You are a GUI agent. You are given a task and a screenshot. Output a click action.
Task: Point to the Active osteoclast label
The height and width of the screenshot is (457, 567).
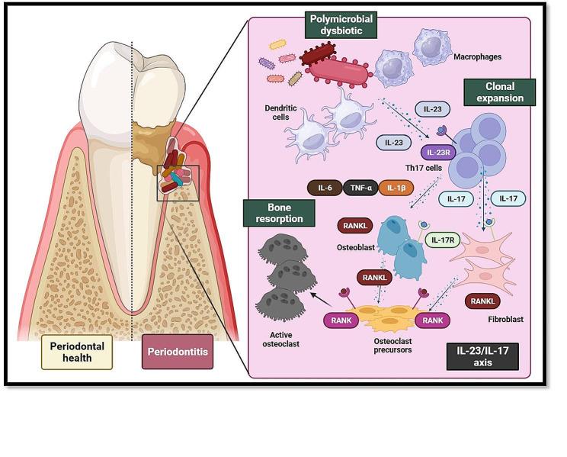[x=287, y=340]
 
